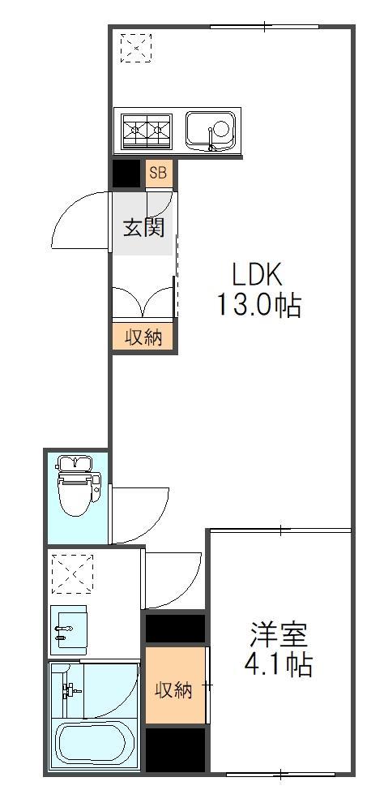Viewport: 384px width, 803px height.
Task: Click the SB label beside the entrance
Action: tap(157, 173)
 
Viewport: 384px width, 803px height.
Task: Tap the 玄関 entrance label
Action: tap(143, 226)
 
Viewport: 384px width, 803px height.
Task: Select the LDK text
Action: tap(258, 273)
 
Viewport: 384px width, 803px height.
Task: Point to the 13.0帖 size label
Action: tap(258, 305)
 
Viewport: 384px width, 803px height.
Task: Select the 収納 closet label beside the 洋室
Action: tap(174, 690)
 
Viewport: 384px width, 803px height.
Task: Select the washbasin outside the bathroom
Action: tap(69, 629)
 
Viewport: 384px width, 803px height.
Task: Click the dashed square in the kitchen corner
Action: tap(136, 48)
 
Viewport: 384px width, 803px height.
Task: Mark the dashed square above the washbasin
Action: tap(73, 573)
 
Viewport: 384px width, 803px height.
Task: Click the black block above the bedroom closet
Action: tap(174, 628)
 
